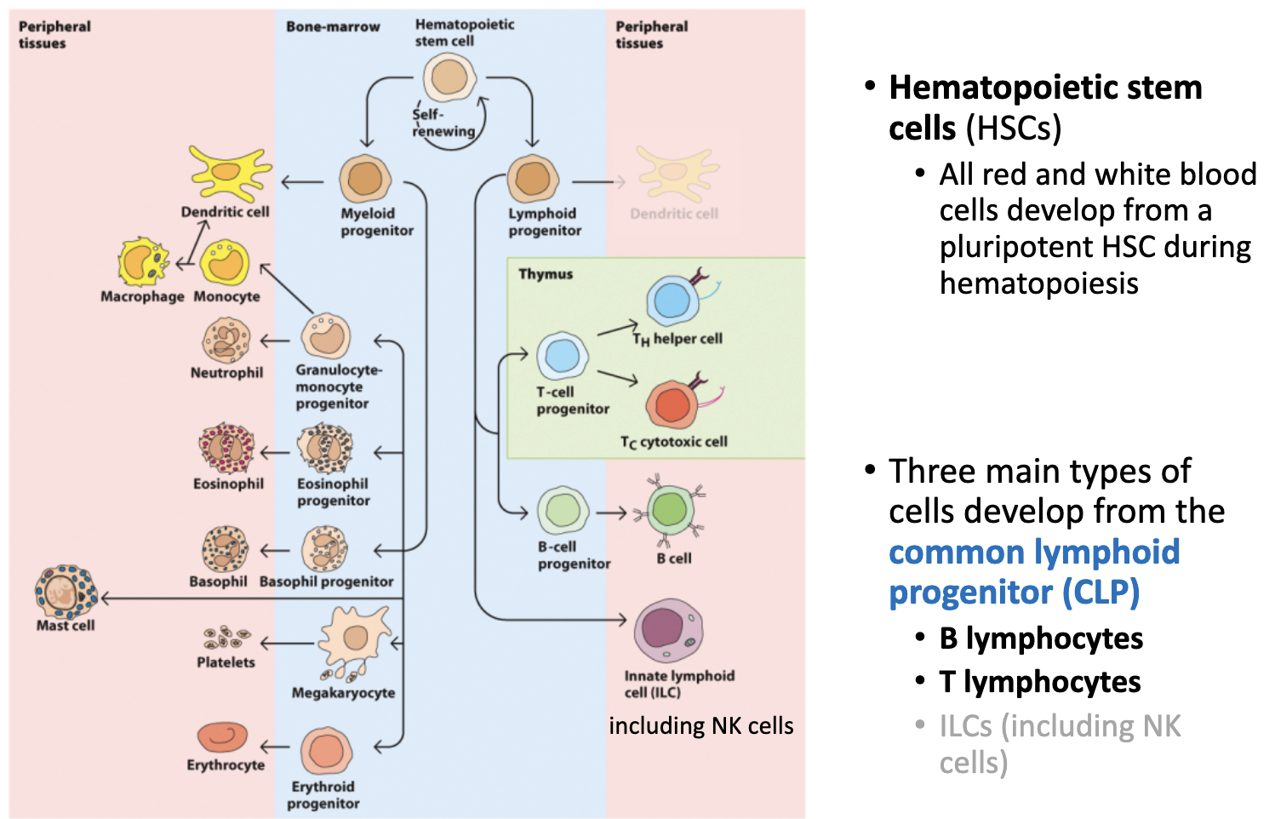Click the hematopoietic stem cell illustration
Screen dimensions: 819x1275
click(x=449, y=77)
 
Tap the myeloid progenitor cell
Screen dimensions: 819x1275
click(x=364, y=180)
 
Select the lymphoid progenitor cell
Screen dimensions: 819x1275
click(x=533, y=180)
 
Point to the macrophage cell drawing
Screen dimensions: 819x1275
click(x=142, y=263)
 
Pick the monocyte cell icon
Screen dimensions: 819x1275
click(x=225, y=263)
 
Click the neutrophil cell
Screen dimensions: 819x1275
click(x=226, y=341)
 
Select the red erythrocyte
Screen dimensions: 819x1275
click(x=222, y=736)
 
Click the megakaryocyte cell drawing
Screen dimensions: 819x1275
click(x=353, y=640)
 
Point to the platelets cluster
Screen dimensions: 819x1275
click(x=226, y=638)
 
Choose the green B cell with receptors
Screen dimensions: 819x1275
click(x=670, y=511)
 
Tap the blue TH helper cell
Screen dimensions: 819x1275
click(x=673, y=300)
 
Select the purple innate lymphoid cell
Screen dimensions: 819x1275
click(x=668, y=631)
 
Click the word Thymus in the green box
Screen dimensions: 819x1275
click(x=546, y=274)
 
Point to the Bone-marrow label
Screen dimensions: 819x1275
click(x=333, y=27)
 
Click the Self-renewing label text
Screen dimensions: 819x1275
click(x=443, y=123)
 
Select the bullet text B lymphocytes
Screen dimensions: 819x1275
click(x=1040, y=639)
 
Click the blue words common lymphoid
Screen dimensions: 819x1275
click(x=1033, y=552)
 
